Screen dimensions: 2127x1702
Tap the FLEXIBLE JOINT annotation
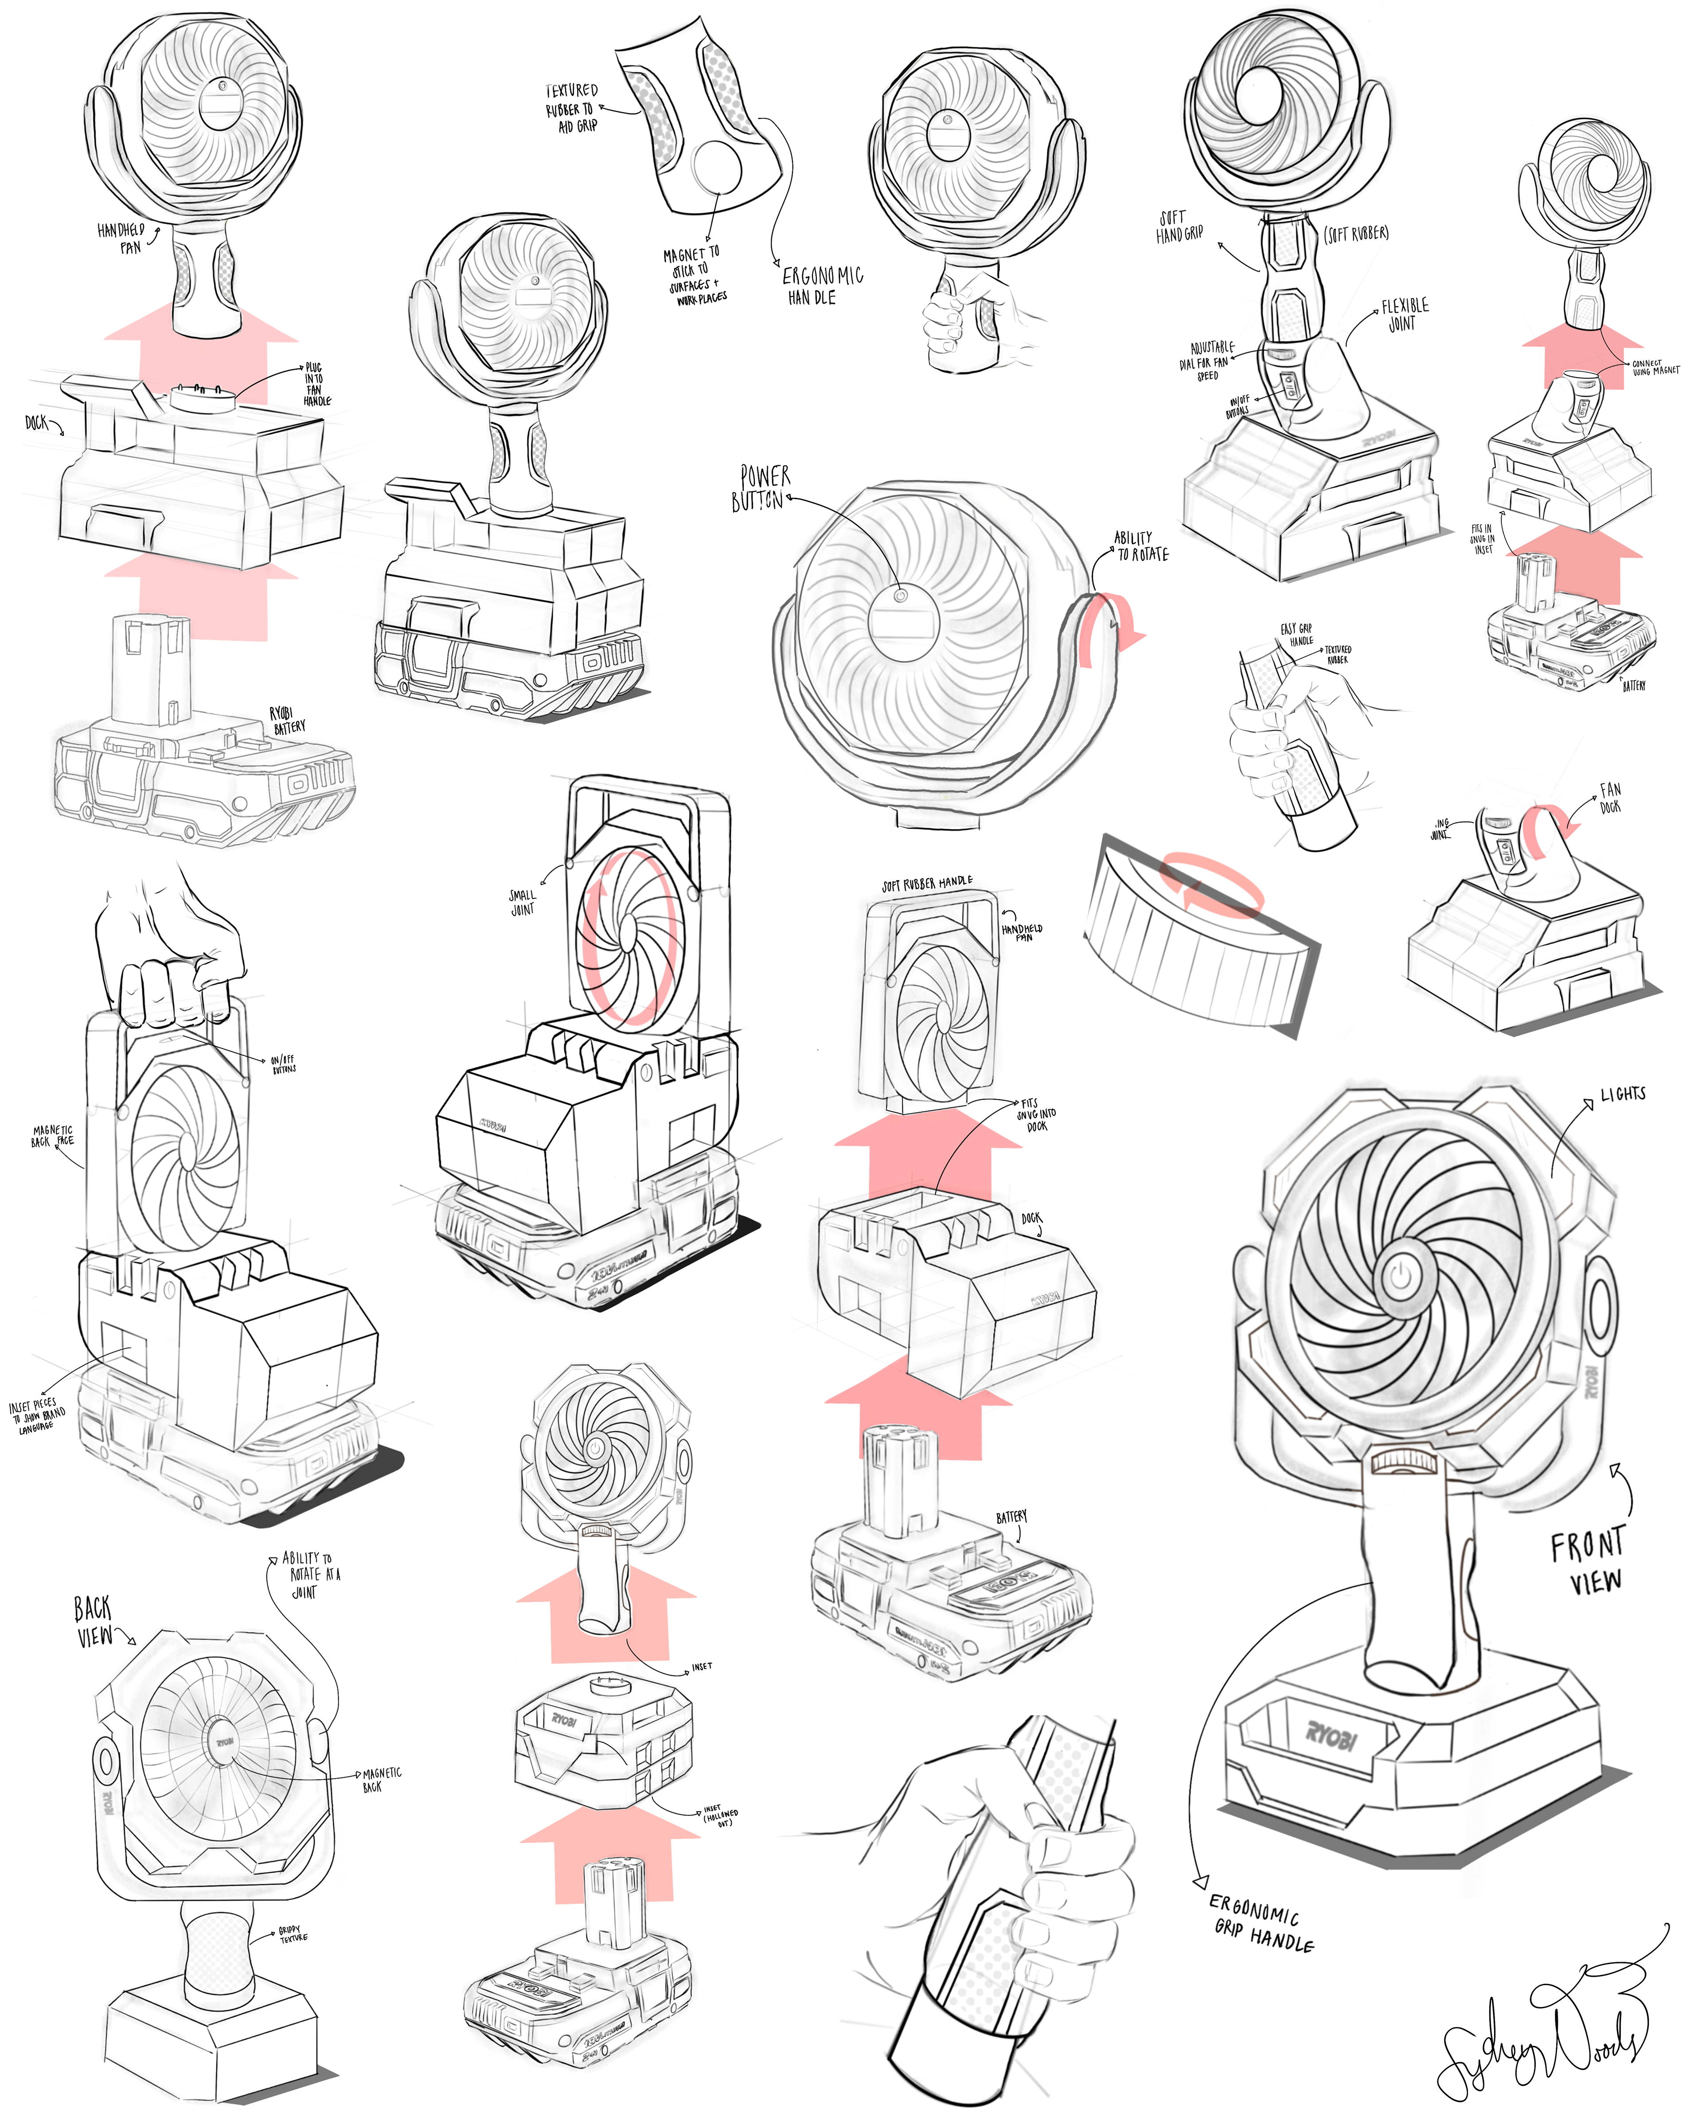(x=1404, y=314)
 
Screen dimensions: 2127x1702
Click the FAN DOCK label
(x=1609, y=797)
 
